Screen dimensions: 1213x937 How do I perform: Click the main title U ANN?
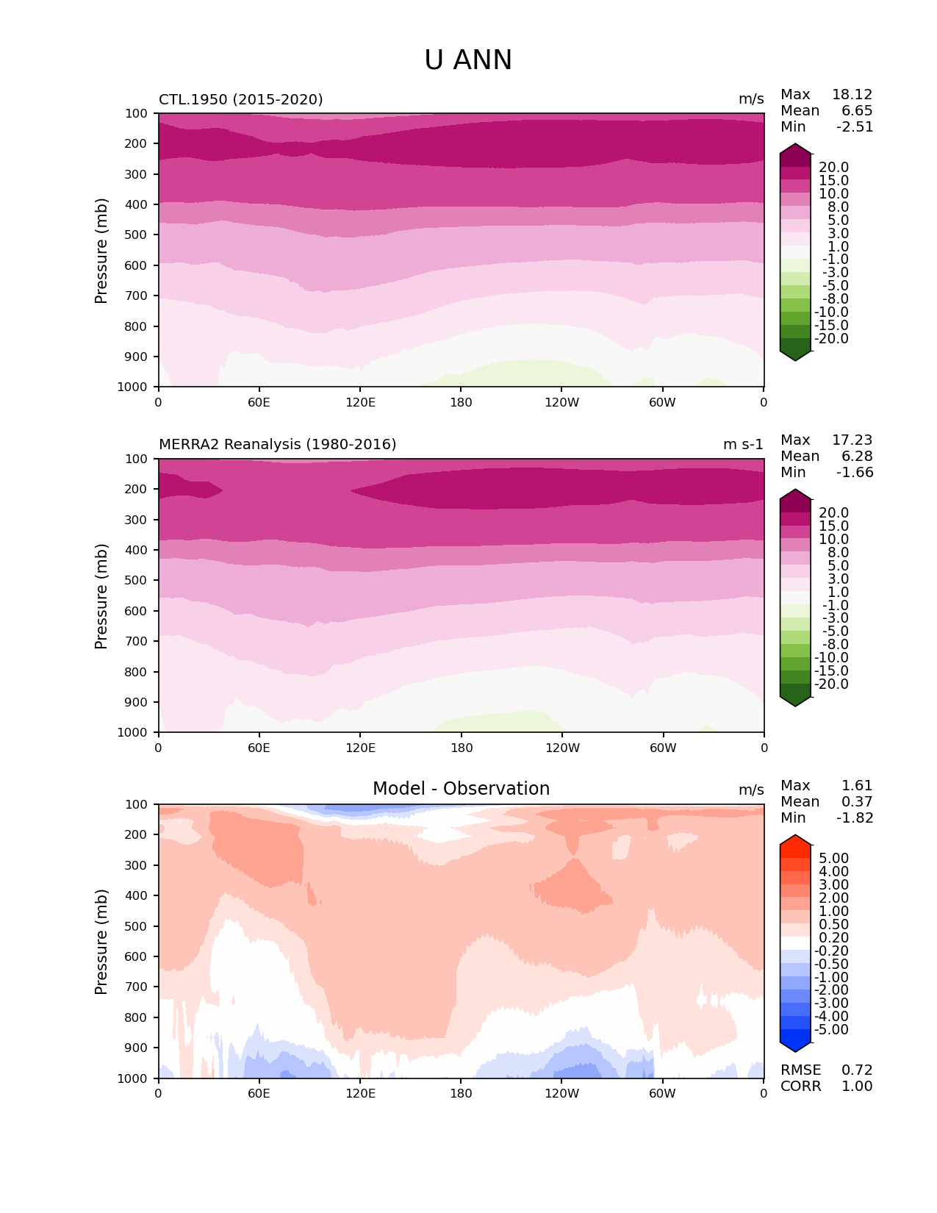468,60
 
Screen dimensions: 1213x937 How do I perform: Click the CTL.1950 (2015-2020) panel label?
241,99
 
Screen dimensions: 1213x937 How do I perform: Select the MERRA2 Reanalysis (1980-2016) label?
278,445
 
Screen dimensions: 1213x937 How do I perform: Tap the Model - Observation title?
461,789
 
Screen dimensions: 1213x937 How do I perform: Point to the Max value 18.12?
852,95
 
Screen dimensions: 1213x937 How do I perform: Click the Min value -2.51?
855,127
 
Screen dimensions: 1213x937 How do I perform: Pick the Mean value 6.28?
857,457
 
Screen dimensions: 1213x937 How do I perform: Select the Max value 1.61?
857,786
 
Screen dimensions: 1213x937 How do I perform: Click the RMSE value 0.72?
857,1070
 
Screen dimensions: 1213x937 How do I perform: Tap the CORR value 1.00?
857,1087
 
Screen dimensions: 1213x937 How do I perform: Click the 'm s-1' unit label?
743,445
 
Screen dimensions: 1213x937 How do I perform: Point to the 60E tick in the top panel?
259,402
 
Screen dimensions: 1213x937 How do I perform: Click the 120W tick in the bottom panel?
562,1093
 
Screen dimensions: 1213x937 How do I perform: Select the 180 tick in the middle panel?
461,748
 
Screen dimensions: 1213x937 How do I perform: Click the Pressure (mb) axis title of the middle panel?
101,596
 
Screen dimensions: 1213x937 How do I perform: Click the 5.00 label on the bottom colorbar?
833,859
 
